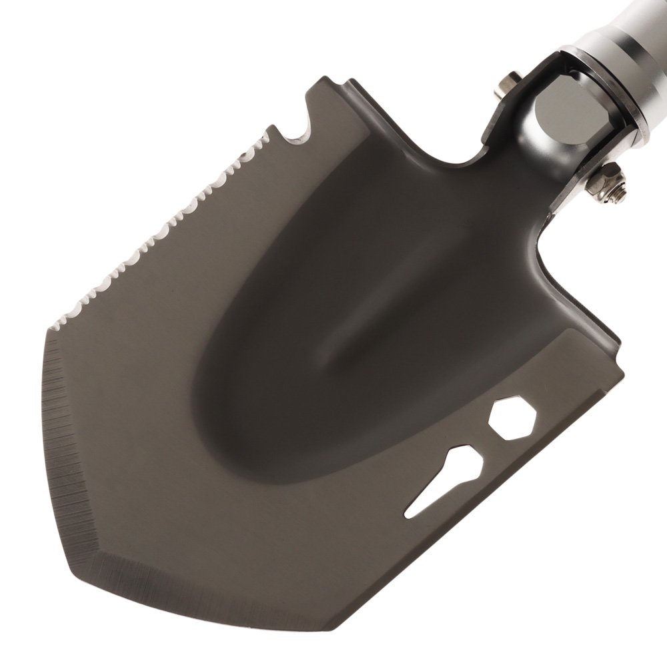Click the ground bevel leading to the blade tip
(x=200, y=587)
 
